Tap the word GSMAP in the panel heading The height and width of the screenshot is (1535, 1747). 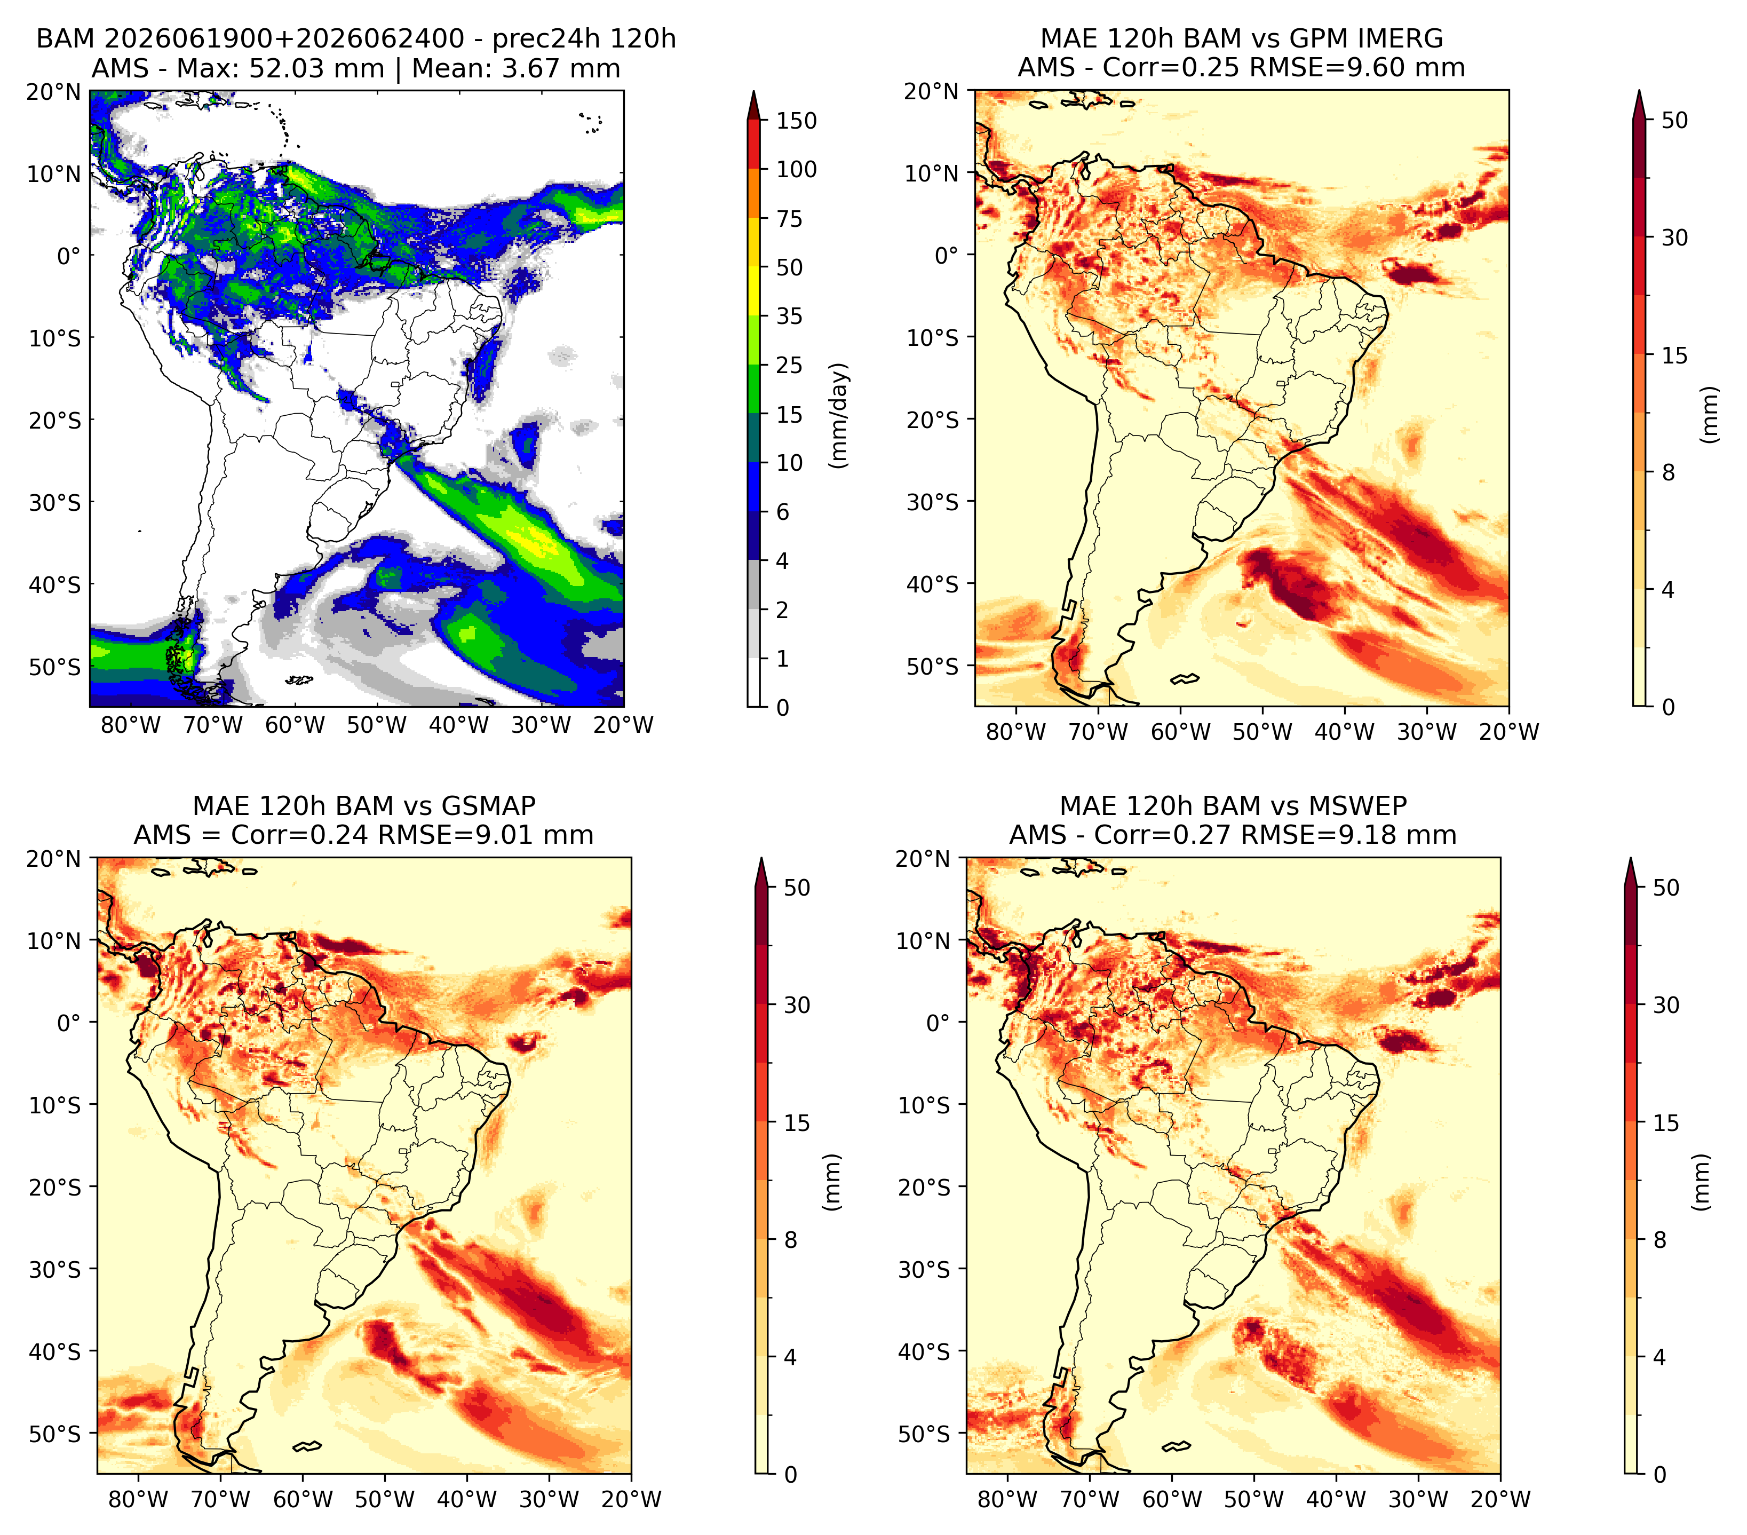click(488, 806)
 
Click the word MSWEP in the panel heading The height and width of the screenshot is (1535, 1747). click(1360, 806)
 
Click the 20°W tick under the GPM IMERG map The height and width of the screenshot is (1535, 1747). click(1508, 732)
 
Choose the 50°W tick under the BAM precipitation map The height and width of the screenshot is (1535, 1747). click(377, 725)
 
